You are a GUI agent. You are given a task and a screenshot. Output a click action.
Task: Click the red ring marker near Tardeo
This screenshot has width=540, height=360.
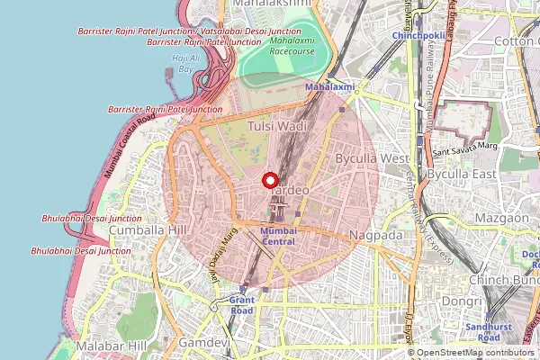coord(270,180)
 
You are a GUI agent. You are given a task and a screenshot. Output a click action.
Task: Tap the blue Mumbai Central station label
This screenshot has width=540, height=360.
coord(277,236)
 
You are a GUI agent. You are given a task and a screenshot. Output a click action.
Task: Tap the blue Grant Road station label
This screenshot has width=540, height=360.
coord(241,304)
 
